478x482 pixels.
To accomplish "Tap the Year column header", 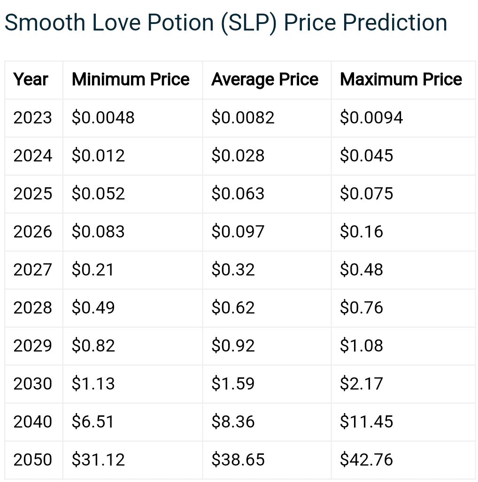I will pos(31,80).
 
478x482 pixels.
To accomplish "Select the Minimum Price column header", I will pos(131,80).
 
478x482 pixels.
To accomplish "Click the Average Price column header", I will pos(265,80).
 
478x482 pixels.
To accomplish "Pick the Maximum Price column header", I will pos(401,80).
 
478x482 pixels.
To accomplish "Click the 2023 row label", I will pos(32,117).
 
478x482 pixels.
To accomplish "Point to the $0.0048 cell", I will pos(103,117).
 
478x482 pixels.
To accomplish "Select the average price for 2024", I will pos(238,155).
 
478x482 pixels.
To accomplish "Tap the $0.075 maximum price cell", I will pos(367,193).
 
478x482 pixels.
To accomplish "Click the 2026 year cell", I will pos(32,231).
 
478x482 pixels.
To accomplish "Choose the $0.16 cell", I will pos(362,231).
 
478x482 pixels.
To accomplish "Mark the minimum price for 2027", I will pos(93,269).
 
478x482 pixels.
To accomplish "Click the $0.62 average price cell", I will pos(233,307).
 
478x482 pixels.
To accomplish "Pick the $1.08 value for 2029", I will pos(362,345).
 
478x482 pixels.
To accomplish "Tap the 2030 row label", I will pos(32,383).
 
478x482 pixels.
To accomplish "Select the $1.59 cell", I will pos(233,383).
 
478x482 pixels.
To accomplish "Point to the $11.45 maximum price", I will pos(367,421).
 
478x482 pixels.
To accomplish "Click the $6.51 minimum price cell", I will pos(93,421).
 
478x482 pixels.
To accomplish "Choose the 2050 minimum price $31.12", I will pos(98,459).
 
